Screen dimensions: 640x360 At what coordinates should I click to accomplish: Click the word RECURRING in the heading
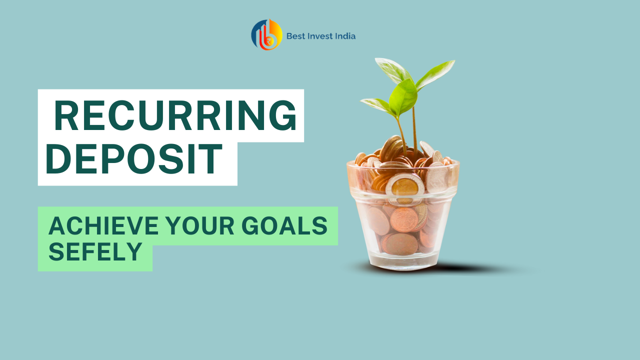(175, 115)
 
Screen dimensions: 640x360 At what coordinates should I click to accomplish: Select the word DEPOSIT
(134, 159)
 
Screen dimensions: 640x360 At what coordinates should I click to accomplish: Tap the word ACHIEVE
(103, 225)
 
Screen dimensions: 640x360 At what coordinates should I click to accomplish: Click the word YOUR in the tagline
(200, 225)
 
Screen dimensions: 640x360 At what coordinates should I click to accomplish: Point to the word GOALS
(284, 225)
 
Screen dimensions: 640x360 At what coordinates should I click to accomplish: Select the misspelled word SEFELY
(95, 251)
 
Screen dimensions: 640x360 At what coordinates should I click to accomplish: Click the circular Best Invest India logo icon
(266, 34)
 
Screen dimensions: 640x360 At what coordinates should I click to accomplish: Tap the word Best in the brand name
(295, 36)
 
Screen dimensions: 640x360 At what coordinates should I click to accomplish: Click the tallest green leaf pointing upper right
(435, 75)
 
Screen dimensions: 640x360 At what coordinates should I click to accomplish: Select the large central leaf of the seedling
(403, 96)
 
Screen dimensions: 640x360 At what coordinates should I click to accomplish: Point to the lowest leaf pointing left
(377, 105)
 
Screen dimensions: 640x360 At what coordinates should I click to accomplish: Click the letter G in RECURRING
(282, 115)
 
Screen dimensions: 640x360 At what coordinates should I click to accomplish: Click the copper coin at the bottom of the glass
(399, 244)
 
